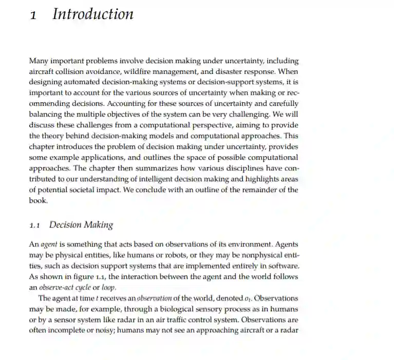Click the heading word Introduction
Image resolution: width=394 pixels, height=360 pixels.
[x=93, y=14]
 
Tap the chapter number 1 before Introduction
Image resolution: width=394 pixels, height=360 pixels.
[x=33, y=15]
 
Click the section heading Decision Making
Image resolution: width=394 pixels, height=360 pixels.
[x=81, y=225]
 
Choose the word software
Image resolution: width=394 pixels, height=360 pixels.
[x=284, y=266]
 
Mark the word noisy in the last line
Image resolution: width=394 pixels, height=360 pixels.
[x=105, y=331]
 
